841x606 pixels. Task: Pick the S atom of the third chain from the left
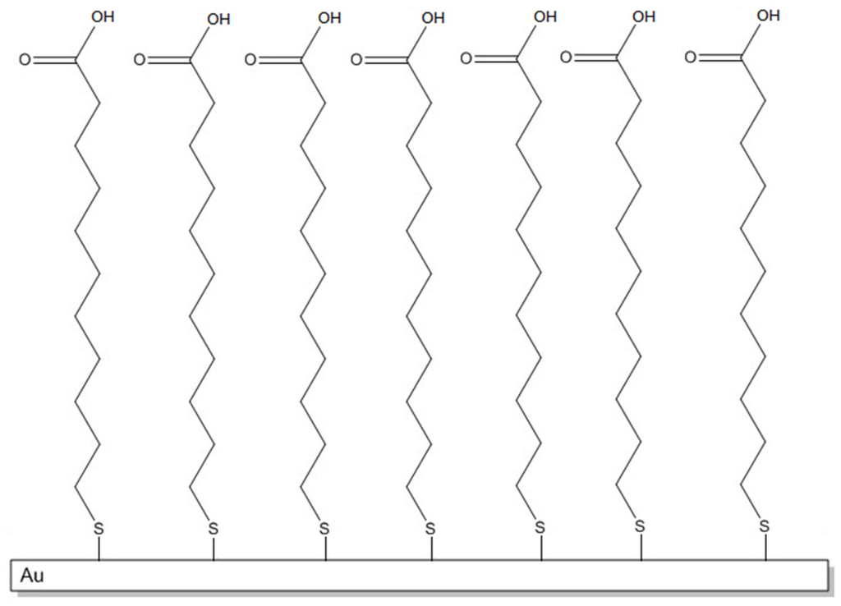point(324,526)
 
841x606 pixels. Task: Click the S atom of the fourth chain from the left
point(430,526)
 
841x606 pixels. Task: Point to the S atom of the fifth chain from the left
point(540,526)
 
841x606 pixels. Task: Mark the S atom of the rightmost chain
point(765,525)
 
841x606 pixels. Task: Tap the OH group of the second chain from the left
point(218,18)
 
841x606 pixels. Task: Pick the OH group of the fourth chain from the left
point(434,17)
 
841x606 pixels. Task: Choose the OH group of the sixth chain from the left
point(644,16)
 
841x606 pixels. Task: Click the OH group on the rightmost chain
point(768,16)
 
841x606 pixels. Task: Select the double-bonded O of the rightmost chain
point(690,57)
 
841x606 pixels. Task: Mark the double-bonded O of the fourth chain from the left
point(356,59)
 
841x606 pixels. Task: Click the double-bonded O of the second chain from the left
point(140,60)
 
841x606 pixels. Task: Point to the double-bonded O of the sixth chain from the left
point(566,57)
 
